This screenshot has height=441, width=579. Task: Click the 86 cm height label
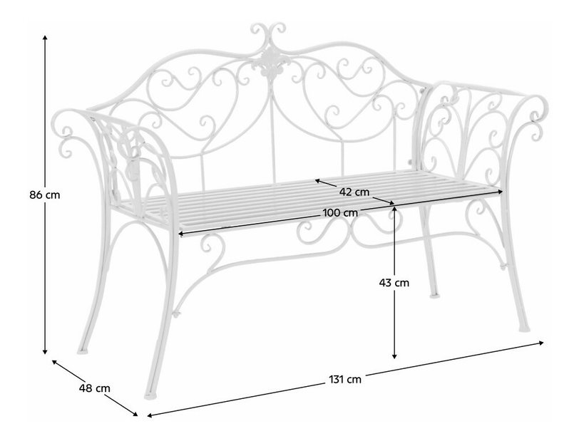pos(45,194)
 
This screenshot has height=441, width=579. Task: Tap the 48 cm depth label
pos(95,388)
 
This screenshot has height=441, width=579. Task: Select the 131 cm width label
pos(345,379)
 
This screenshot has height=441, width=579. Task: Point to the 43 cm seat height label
pos(394,283)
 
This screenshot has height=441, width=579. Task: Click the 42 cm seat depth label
pos(354,192)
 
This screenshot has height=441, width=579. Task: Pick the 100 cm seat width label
pos(340,213)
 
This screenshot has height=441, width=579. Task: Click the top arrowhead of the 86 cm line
pos(45,37)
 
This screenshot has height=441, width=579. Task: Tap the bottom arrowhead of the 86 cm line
pos(45,352)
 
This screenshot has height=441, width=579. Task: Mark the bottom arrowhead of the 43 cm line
pos(394,356)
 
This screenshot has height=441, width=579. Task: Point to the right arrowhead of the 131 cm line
pos(541,343)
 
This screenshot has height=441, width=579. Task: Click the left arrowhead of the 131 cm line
pos(150,415)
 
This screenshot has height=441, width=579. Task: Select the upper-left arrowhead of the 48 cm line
pos(54,362)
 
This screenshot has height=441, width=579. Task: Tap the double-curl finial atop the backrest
pos(268,34)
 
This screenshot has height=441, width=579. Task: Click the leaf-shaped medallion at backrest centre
pos(268,63)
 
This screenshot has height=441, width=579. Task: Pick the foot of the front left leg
pos(150,396)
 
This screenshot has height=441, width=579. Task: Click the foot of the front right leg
pos(523,328)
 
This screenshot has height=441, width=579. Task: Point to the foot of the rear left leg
pos(83,351)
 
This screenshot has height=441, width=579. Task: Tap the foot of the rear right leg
pos(434,295)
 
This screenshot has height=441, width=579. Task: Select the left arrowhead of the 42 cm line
pos(317,181)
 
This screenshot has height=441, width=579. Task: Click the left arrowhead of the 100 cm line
pos(181,233)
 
